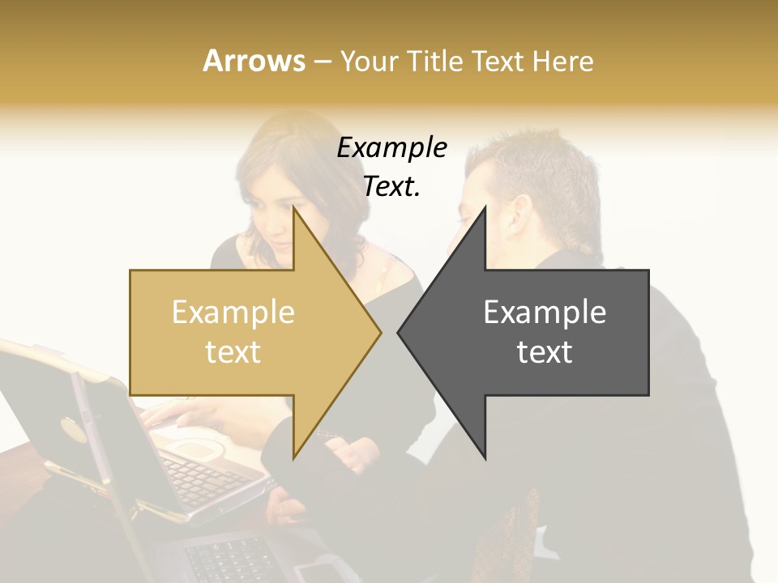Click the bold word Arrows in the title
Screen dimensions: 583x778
click(x=254, y=61)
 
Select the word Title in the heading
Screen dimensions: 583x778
click(x=434, y=61)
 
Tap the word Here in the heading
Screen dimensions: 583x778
click(x=562, y=61)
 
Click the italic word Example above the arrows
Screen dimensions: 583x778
click(x=391, y=148)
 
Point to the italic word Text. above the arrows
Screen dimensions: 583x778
click(x=391, y=186)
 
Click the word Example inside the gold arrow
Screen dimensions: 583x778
click(x=233, y=313)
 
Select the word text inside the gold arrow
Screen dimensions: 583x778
click(x=233, y=352)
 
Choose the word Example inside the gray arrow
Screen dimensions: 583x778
click(x=545, y=313)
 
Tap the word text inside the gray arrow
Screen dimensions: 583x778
click(x=545, y=352)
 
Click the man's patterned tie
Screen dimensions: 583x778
click(x=519, y=526)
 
